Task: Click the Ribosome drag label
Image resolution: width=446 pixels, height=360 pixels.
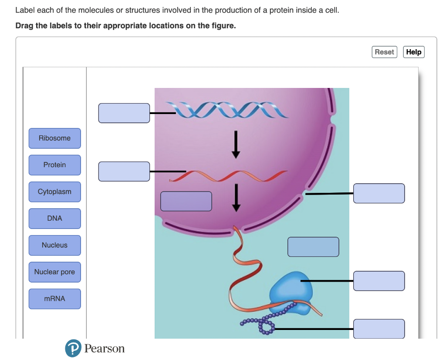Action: (x=54, y=138)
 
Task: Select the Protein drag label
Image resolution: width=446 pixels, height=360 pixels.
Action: (x=54, y=165)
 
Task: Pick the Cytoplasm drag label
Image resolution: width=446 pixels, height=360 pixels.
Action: (x=54, y=192)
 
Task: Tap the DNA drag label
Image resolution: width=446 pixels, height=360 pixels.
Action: (x=54, y=219)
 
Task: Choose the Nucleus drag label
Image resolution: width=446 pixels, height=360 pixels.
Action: (x=54, y=245)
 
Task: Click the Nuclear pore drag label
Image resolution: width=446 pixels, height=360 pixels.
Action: (x=54, y=272)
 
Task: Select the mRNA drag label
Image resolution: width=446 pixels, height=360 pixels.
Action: (x=54, y=299)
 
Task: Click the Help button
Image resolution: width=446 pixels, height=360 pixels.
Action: (x=413, y=52)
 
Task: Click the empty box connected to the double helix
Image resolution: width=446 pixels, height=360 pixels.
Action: (x=124, y=113)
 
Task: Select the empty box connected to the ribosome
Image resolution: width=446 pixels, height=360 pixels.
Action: (x=379, y=281)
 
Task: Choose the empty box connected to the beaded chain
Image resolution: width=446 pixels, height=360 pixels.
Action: (x=379, y=329)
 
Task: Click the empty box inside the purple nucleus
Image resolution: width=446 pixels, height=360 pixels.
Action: (x=186, y=201)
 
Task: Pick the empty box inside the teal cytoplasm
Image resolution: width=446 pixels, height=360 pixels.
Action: (x=313, y=247)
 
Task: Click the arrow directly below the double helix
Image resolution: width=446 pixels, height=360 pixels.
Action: (x=236, y=145)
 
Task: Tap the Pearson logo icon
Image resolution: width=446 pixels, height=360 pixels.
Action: (x=73, y=349)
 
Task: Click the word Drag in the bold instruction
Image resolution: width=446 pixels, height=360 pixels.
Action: (x=24, y=26)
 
